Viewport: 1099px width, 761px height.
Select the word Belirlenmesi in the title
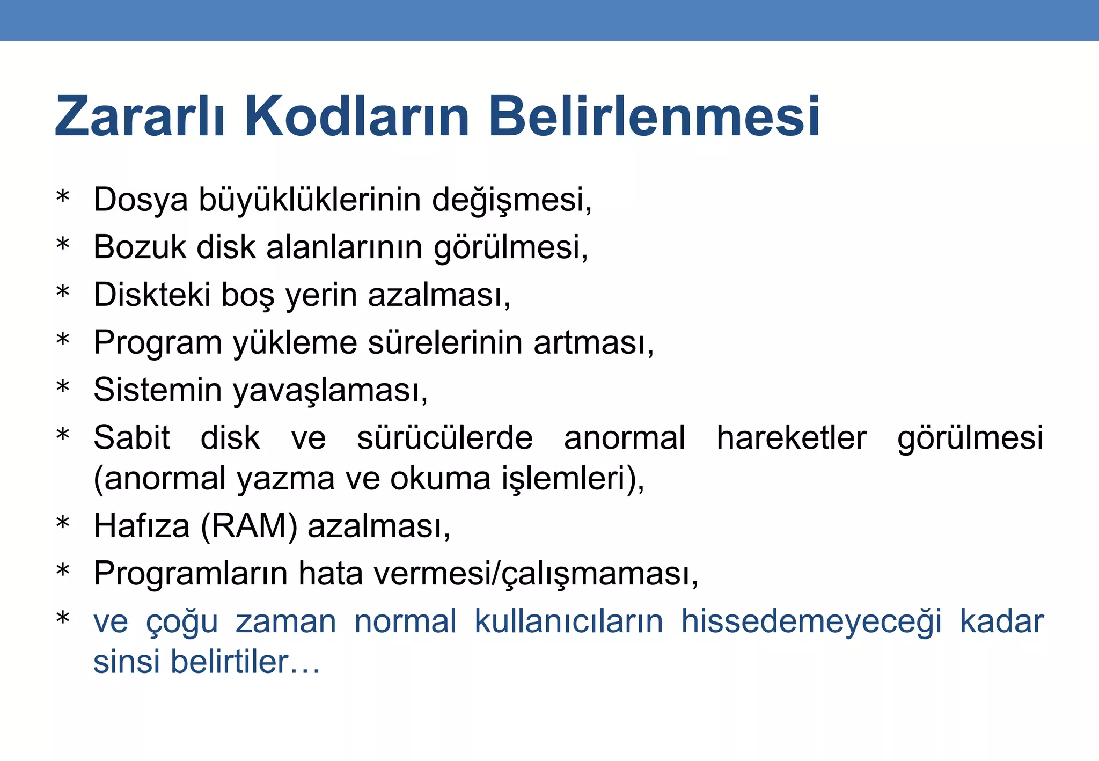[x=654, y=116]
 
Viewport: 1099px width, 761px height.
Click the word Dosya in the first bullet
[x=141, y=200]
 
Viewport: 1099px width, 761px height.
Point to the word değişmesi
[x=511, y=200]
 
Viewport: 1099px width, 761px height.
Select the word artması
[x=593, y=342]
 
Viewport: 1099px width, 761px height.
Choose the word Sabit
[x=131, y=437]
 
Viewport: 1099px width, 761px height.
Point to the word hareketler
[x=792, y=437]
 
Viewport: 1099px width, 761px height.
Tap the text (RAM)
[x=248, y=526]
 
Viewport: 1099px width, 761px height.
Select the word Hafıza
[x=141, y=526]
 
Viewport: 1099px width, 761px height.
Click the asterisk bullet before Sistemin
[x=63, y=387]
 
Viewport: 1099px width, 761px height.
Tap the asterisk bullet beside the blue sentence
[x=63, y=619]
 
